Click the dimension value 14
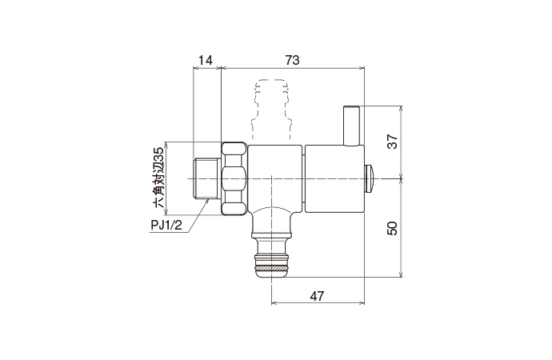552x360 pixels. (x=206, y=60)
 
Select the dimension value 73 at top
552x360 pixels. (x=294, y=60)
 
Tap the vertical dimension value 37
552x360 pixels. (x=392, y=141)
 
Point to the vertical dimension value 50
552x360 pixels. (x=392, y=227)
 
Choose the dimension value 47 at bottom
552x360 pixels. (x=318, y=296)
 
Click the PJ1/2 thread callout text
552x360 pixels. (x=168, y=224)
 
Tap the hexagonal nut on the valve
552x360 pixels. (x=234, y=178)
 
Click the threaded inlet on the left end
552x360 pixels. (x=206, y=178)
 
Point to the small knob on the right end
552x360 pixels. (x=370, y=177)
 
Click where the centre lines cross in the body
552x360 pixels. (x=272, y=177)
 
